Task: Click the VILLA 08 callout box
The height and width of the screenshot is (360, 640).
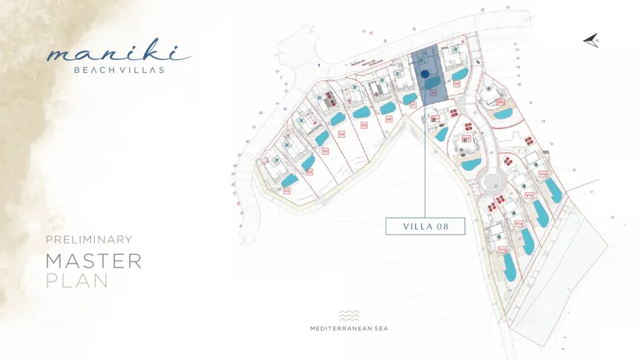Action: point(425,226)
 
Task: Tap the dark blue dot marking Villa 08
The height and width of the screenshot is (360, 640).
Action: point(425,74)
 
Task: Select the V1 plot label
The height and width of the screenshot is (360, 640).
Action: point(287,191)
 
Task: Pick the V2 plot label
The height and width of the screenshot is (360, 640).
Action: point(309,172)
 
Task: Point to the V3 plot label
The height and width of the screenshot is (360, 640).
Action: point(325,151)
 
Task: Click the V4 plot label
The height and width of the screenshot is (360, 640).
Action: point(341,134)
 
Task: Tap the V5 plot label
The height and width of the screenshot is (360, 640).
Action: point(364,125)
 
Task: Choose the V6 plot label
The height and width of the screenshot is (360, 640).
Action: point(389,119)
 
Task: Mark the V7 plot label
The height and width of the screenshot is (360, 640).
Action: point(413,105)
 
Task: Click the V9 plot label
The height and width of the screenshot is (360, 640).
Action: point(457,84)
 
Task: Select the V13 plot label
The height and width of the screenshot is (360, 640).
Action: point(503,249)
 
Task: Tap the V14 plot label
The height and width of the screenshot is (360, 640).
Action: point(519,223)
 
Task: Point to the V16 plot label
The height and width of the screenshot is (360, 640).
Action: point(543,174)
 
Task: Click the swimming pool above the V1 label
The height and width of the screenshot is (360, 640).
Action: point(289,179)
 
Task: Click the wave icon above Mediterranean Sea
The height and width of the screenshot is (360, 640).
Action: point(349,315)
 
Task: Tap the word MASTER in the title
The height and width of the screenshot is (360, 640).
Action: point(93,261)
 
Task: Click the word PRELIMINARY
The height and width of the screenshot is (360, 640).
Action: point(89,239)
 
